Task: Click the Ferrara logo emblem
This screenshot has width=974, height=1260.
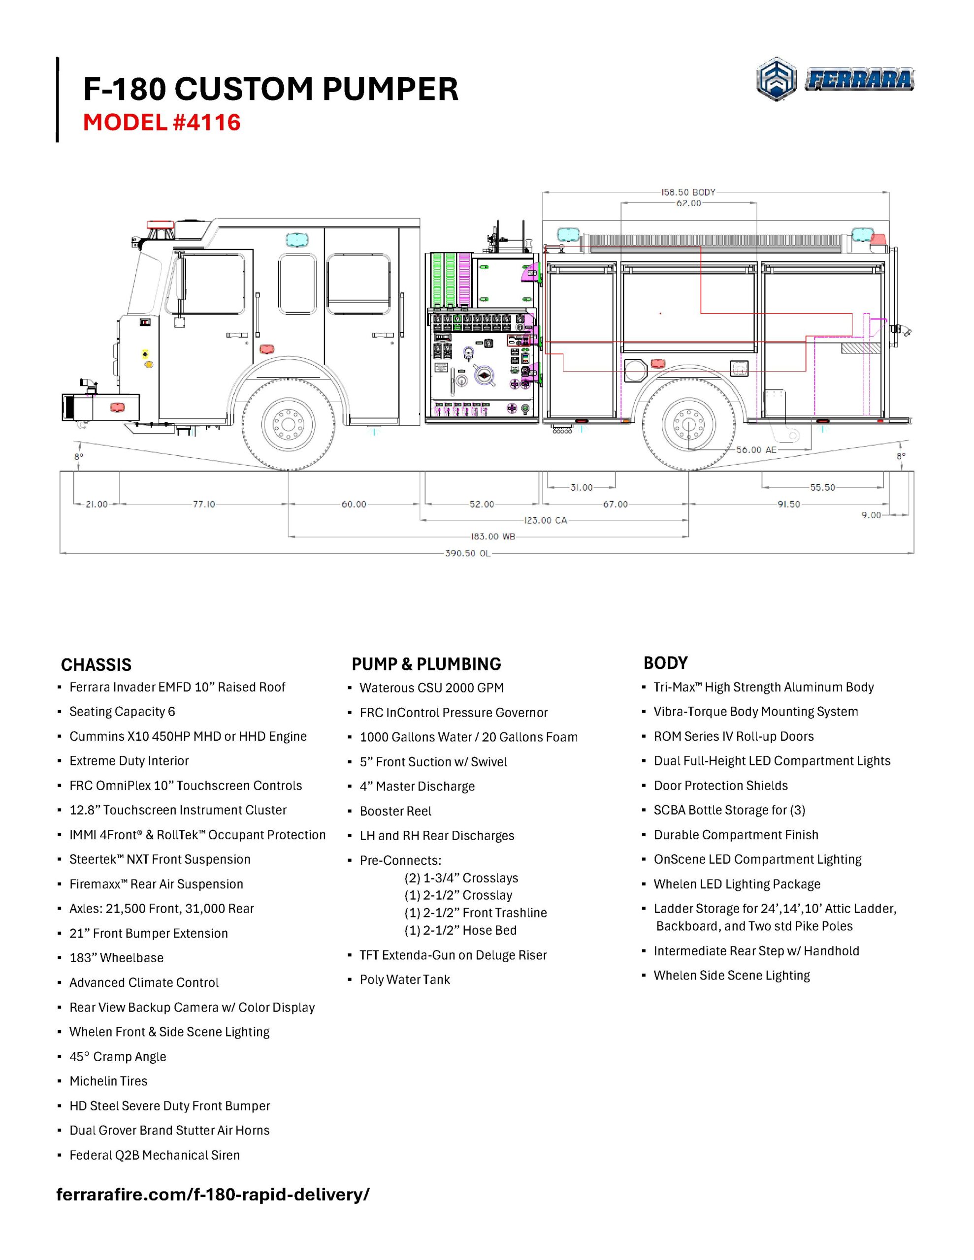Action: coord(777,79)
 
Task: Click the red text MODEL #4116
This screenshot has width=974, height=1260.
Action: coord(161,123)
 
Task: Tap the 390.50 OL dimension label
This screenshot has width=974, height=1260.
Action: coord(467,553)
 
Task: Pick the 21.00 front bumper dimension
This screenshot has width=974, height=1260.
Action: coord(97,504)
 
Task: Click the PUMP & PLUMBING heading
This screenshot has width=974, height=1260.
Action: coord(426,664)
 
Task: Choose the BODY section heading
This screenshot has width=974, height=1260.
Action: coord(665,663)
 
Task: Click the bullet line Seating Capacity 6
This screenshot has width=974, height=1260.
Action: coord(122,711)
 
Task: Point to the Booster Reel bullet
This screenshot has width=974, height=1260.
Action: coord(395,811)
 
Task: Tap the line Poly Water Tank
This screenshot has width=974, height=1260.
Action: coord(405,979)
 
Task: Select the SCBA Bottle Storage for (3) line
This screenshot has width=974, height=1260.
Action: coord(729,810)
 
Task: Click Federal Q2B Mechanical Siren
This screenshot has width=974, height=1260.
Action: coord(154,1155)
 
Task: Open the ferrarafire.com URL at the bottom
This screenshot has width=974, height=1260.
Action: coord(212,1194)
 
